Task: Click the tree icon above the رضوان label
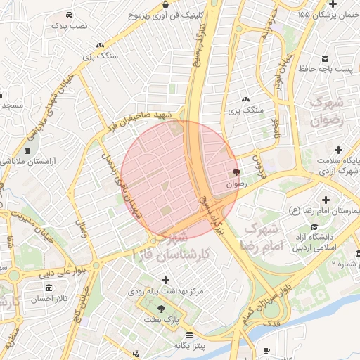[236, 172]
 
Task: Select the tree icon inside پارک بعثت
[162, 309]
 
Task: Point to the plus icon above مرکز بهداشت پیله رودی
[165, 280]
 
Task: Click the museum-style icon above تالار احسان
[48, 288]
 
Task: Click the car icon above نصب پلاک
[67, 15]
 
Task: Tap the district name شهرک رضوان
[328, 110]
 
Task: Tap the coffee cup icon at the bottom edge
[266, 351]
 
